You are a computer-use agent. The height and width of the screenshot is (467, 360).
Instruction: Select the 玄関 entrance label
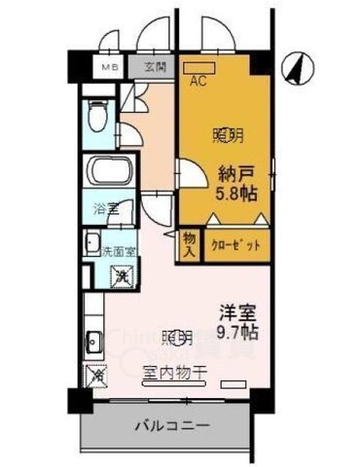pyautogui.click(x=155, y=67)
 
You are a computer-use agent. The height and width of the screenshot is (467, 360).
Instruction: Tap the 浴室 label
pyautogui.click(x=106, y=209)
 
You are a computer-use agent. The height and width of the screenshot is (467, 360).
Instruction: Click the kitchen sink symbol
pyautogui.click(x=93, y=342)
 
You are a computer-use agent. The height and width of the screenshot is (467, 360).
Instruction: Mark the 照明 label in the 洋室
pyautogui.click(x=176, y=339)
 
